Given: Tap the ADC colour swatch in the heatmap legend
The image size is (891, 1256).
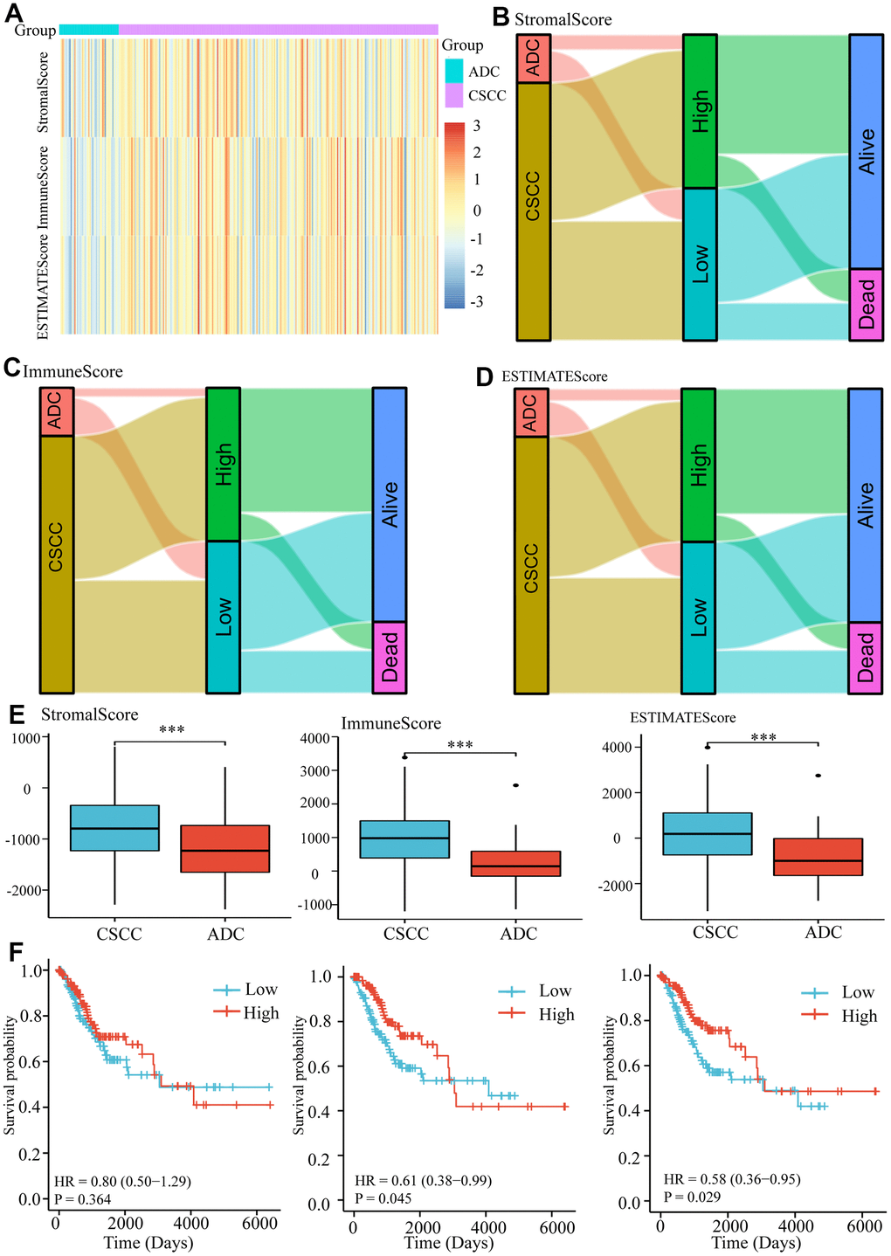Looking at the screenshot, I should [x=454, y=71].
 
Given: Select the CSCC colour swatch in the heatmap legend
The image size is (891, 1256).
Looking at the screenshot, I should [x=454, y=95].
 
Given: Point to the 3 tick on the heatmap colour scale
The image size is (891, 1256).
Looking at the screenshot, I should [x=476, y=126].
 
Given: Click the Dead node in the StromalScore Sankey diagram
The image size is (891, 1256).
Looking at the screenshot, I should [x=866, y=304].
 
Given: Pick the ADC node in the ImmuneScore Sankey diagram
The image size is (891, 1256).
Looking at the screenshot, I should [x=57, y=411].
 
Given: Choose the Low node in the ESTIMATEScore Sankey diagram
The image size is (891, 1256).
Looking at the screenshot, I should [x=698, y=618].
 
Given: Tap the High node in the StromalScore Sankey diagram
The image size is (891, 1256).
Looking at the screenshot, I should [x=700, y=112].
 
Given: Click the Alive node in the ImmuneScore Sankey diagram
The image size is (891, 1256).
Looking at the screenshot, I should [x=390, y=504].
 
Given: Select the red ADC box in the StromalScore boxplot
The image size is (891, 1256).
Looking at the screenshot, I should [x=225, y=848].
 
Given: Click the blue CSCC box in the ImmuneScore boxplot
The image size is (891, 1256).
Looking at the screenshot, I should [x=405, y=839].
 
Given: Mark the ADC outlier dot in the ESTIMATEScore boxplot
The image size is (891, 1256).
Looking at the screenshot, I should [x=818, y=776].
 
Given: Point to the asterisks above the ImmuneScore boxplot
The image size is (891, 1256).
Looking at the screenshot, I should [x=459, y=745].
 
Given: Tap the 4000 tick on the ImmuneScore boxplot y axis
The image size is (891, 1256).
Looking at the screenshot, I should [x=315, y=738].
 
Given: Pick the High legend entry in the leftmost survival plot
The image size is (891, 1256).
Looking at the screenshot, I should [x=260, y=1013].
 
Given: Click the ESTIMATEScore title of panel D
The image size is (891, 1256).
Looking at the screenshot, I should [x=554, y=376].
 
